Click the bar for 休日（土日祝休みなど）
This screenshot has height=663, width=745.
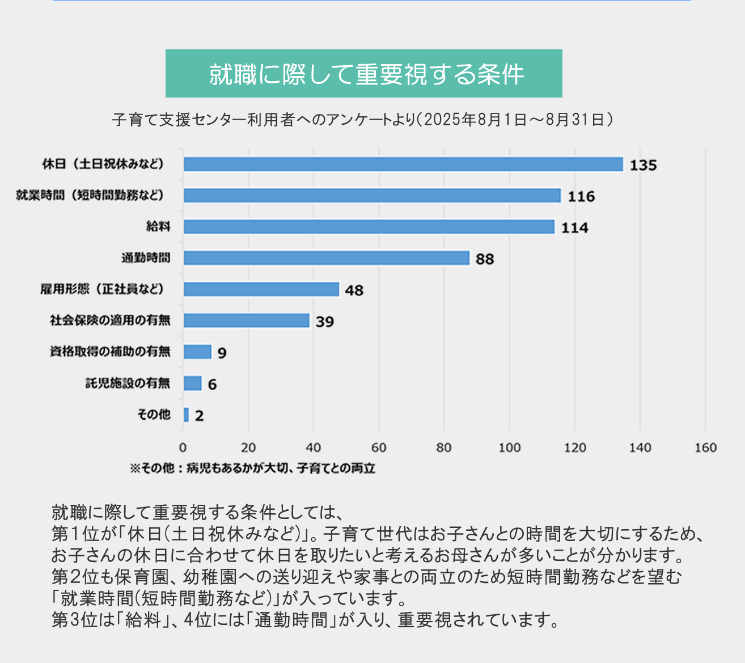pos(403,164)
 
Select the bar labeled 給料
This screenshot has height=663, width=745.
pos(369,227)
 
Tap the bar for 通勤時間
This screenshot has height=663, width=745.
pos(326,258)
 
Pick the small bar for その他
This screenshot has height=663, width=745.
pos(187,415)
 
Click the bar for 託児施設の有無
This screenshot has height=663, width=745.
pos(193,383)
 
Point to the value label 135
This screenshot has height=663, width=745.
pos(643,165)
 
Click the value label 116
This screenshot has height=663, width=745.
pos(581,196)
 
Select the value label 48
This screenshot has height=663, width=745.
pos(354,290)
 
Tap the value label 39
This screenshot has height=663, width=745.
pos(325,322)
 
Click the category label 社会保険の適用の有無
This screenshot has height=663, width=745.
pos(110,320)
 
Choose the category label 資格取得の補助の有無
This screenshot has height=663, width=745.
pos(110,352)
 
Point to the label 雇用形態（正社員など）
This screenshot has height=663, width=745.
pos(103,289)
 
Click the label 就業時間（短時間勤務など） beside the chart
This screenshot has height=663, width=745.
pos(90,196)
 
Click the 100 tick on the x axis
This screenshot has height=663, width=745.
pos(509,447)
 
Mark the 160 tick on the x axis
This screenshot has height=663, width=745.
pos(705,447)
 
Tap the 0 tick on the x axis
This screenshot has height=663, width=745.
pos(183,447)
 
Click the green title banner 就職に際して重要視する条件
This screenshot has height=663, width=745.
pos(363,74)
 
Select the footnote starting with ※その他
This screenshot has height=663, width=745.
pos(252,468)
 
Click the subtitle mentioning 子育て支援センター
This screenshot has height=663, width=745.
pos(363,120)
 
